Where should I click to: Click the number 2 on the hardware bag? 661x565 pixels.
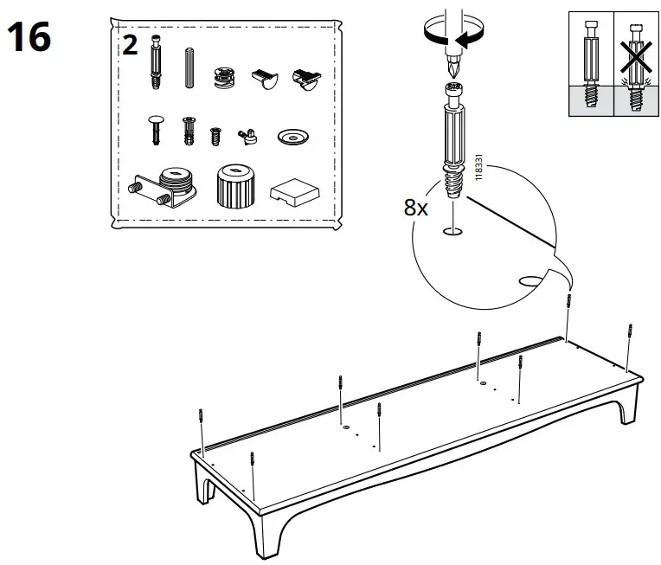[130, 45]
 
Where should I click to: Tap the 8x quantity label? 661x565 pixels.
[417, 209]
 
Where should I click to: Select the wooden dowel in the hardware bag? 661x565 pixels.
[189, 67]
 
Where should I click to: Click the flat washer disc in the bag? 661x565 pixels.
[294, 137]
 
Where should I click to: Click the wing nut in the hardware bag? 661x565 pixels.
[249, 133]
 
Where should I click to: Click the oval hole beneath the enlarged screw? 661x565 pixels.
[452, 232]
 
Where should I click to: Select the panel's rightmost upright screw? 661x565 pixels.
[629, 342]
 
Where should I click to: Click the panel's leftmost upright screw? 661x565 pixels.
[201, 427]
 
